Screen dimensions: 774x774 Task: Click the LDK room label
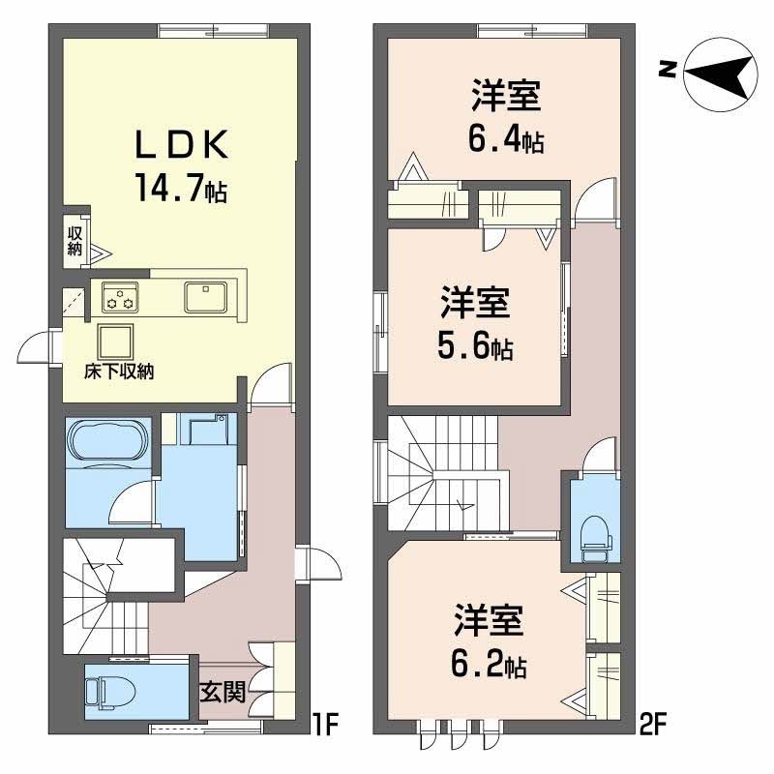coord(180,145)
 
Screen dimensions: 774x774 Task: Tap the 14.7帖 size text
coord(180,188)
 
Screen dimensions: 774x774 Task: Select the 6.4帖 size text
coord(505,141)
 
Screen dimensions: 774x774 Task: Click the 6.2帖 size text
coord(489,666)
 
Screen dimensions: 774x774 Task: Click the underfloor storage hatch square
coord(115,342)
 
